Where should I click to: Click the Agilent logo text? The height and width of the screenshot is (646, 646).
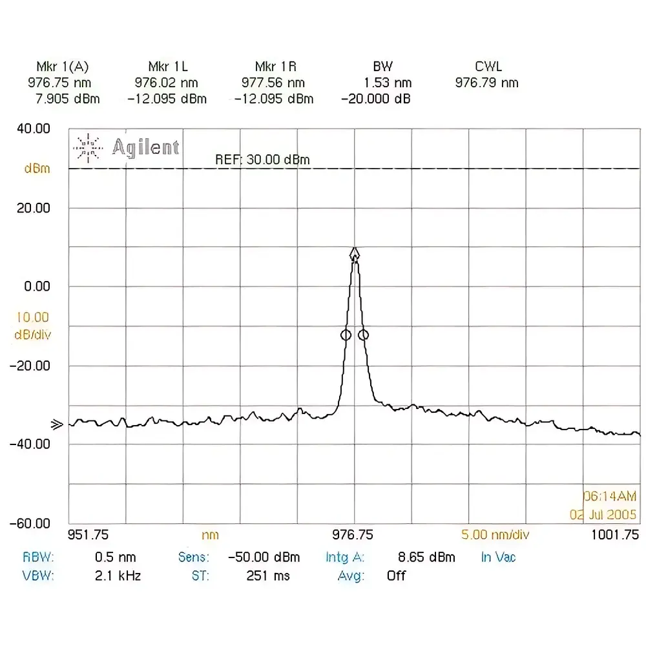pyautogui.click(x=145, y=147)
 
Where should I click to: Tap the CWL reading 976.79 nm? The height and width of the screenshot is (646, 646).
pyautogui.click(x=486, y=83)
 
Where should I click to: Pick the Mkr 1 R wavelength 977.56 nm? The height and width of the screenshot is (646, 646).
pyautogui.click(x=273, y=83)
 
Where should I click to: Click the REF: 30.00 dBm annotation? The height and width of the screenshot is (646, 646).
pyautogui.click(x=262, y=160)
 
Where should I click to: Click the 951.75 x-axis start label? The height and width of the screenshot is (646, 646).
pyautogui.click(x=89, y=535)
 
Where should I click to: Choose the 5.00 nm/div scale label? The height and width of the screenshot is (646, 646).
pyautogui.click(x=495, y=535)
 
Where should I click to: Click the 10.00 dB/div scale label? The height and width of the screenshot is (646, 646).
pyautogui.click(x=32, y=326)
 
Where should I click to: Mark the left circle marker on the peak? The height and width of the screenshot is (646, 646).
pyautogui.click(x=346, y=335)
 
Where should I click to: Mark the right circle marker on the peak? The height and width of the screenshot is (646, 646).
pyautogui.click(x=364, y=335)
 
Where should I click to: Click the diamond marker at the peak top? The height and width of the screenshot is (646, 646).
pyautogui.click(x=355, y=253)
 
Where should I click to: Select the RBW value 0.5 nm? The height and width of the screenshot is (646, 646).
pyautogui.click(x=115, y=557)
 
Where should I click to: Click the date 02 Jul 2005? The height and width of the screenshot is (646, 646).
pyautogui.click(x=603, y=515)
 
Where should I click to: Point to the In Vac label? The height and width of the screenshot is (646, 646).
pyautogui.click(x=498, y=557)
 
